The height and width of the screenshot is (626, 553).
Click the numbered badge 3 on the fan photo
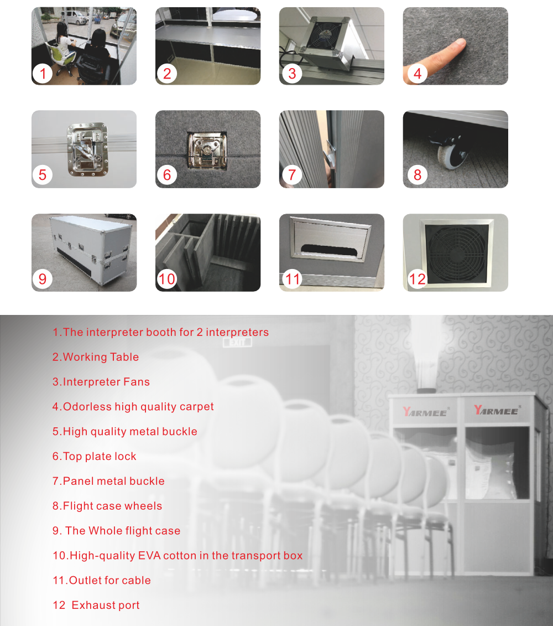click(292, 74)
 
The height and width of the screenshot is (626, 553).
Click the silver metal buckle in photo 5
click(88, 149)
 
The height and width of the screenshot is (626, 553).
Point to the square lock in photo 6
click(207, 150)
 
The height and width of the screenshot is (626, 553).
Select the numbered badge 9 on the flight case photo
click(43, 278)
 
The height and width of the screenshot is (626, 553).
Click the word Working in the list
click(85, 357)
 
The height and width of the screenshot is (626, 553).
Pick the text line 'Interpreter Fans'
click(106, 382)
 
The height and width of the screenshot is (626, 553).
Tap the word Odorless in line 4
click(87, 406)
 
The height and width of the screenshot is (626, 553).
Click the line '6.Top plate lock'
click(94, 456)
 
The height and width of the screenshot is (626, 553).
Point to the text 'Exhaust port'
click(106, 605)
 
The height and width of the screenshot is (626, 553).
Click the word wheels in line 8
click(143, 506)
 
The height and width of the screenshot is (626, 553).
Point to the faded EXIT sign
click(237, 343)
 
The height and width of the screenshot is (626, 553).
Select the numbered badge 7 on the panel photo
click(292, 175)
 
